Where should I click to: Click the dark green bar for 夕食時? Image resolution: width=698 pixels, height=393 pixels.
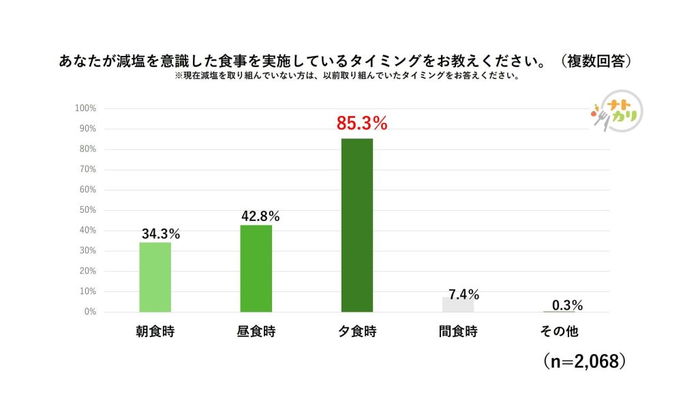coord(356,225)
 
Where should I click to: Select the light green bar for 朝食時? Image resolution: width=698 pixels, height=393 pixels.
coord(155,277)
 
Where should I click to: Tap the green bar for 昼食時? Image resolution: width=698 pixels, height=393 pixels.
coord(256,268)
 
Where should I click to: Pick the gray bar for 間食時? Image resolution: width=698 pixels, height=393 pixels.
coord(457,304)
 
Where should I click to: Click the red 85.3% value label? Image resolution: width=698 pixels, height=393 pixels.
coord(361,124)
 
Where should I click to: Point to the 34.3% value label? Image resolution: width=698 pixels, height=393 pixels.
coord(161,234)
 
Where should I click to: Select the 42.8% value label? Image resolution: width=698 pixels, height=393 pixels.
coord(260,216)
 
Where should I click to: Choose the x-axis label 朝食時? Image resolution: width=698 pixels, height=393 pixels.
coord(155,332)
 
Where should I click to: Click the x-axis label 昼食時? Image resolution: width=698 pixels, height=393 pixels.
coord(256,332)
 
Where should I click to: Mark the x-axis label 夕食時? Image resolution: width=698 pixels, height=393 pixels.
coord(357,332)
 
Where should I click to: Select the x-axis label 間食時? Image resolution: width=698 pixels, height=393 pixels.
coord(458,332)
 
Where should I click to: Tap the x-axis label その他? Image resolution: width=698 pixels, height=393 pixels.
coord(559,332)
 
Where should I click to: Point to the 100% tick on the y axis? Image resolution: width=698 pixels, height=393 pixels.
coord(86,108)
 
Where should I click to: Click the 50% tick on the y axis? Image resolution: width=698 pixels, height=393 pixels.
coord(87,210)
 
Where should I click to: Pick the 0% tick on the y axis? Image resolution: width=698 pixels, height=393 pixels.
coord(90,312)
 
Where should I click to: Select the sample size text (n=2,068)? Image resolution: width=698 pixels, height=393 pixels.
coord(585,361)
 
